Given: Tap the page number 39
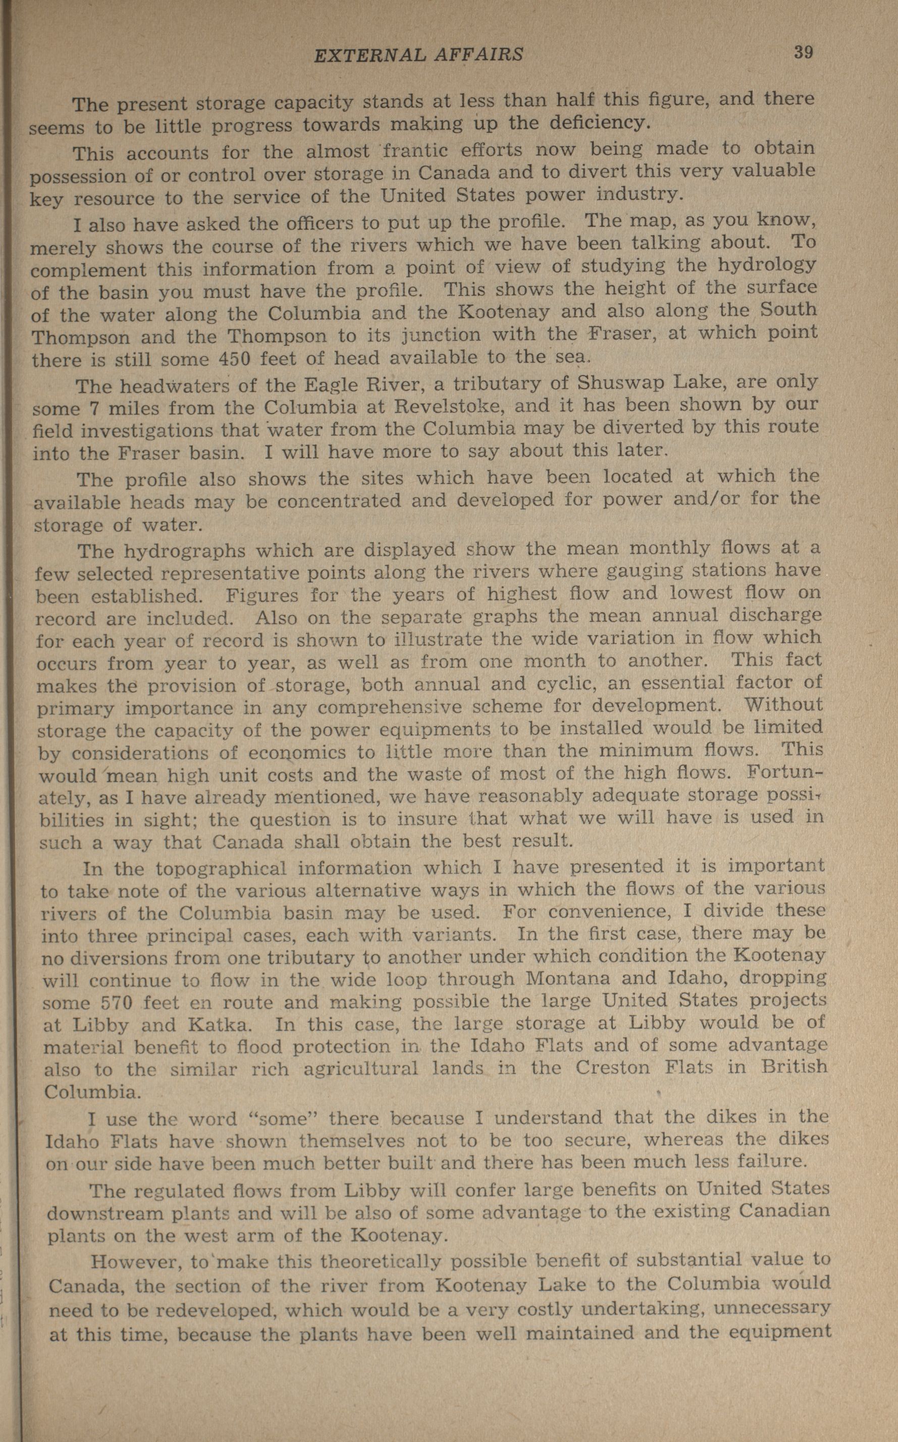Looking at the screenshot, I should (x=803, y=52).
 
